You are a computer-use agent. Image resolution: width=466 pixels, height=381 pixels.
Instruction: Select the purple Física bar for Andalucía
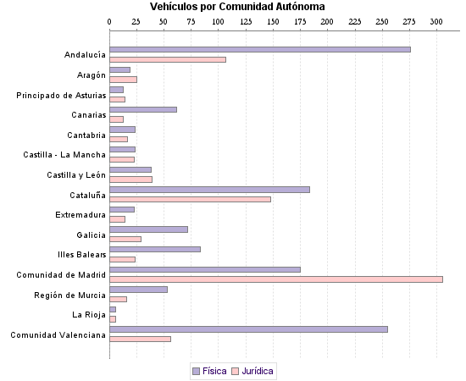260,50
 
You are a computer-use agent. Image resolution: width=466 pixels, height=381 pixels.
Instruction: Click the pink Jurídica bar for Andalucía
168,59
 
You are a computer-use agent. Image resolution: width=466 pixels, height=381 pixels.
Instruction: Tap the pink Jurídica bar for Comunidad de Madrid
276,279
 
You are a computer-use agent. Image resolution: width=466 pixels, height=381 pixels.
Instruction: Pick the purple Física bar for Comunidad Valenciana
248,329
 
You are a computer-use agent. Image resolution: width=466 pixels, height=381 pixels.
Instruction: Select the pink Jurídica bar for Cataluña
190,199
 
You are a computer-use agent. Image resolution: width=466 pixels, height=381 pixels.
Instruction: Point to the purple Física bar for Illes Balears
155,249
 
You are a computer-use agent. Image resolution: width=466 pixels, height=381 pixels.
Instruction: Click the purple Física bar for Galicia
148,229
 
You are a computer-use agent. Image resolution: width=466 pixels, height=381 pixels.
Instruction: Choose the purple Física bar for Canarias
143,109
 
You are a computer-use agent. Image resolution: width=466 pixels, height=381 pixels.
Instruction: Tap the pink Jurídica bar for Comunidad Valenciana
140,339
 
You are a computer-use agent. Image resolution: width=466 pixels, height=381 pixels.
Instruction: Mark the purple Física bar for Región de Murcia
138,290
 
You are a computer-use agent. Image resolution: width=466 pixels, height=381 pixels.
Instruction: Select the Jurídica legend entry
252,371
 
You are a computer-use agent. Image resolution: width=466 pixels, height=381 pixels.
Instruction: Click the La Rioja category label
89,314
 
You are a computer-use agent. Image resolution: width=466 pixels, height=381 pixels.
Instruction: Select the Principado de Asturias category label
61,95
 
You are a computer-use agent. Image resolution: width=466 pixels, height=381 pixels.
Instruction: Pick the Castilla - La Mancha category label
64,155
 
